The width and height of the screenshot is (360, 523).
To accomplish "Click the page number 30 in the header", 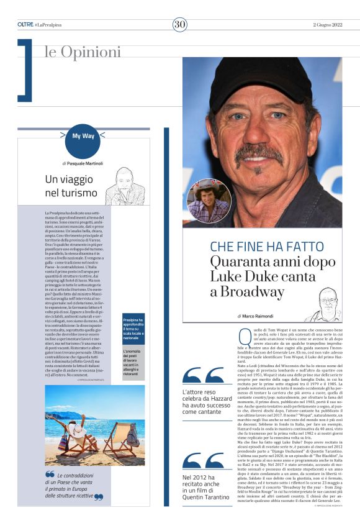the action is click(179, 24).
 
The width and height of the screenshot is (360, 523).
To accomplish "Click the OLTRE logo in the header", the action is click(25, 24).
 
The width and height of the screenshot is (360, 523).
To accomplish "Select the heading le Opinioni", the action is click(83, 52).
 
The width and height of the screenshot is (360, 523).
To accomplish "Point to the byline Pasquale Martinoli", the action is click(86, 163).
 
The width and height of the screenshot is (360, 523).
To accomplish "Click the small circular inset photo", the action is click(209, 201).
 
